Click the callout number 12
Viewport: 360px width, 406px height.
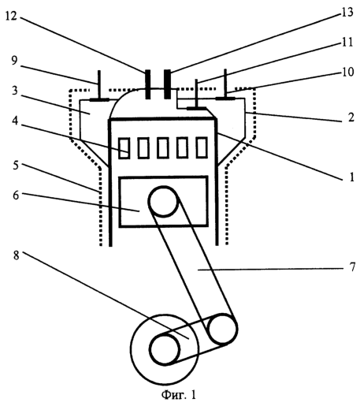11,16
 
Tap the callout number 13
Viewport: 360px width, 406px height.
347,12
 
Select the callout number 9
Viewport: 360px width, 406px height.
14,61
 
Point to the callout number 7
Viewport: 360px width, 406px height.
352,267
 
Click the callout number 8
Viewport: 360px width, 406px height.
16,255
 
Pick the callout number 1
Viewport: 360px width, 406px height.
352,177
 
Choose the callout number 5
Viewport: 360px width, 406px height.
16,166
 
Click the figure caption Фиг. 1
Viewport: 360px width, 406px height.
179,394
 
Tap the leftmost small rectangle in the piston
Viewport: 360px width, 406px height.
124,148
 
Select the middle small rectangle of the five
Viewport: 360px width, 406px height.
163,148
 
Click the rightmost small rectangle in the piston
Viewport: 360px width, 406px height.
202,147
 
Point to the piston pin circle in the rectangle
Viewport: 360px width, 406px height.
164,201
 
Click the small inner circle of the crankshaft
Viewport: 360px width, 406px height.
165,349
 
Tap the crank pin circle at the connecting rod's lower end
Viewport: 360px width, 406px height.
223,329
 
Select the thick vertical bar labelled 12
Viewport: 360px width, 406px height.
148,84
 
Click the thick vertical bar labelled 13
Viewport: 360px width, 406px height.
167,84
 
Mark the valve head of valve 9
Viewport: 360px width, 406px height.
99,100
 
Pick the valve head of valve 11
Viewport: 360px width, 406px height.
197,108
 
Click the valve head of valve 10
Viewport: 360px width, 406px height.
225,99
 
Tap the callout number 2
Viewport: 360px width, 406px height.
351,117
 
